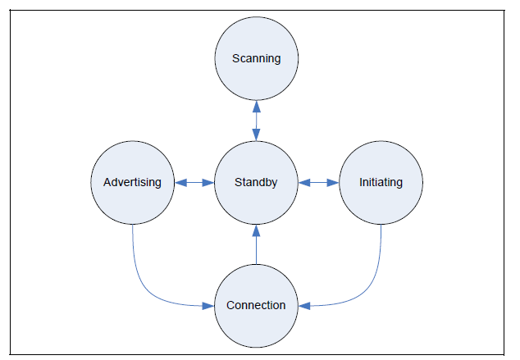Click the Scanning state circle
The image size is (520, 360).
(256, 59)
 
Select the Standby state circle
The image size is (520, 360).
(256, 182)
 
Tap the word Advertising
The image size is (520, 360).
(131, 182)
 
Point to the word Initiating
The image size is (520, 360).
(381, 182)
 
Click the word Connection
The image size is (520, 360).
(256, 305)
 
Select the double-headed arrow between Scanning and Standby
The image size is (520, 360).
(256, 121)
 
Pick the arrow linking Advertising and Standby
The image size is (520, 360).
(194, 182)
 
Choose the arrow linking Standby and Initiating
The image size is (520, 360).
(318, 182)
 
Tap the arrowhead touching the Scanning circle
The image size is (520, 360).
(256, 106)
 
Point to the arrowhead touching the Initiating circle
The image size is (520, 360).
(334, 182)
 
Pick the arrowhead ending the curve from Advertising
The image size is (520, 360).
(208, 306)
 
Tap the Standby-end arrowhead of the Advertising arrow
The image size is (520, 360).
(208, 182)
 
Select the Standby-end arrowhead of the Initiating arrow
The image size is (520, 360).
(303, 182)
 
